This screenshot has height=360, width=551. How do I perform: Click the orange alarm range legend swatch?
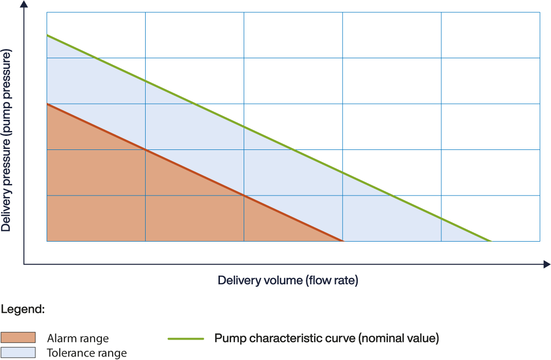(18, 338)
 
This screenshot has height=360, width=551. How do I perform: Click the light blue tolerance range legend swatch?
(18, 352)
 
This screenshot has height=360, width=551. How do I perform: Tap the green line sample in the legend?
(186, 338)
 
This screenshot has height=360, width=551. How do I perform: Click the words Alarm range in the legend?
(78, 338)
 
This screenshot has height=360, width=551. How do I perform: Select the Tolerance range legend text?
(86, 353)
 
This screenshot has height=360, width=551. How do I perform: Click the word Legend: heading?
(23, 309)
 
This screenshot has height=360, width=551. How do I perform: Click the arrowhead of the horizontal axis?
(547, 264)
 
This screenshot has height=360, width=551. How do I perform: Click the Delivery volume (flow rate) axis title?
(288, 280)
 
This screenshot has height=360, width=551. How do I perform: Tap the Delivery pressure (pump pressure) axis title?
(6, 141)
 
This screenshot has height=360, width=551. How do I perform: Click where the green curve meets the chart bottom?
(491, 241)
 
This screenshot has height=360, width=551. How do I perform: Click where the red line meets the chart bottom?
(343, 241)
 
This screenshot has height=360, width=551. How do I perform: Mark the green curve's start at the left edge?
(47, 35)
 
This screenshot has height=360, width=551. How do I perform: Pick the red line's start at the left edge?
(47, 104)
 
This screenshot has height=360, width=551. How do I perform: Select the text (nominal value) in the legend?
(399, 338)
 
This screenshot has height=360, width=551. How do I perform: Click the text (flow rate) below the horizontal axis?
(333, 280)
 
